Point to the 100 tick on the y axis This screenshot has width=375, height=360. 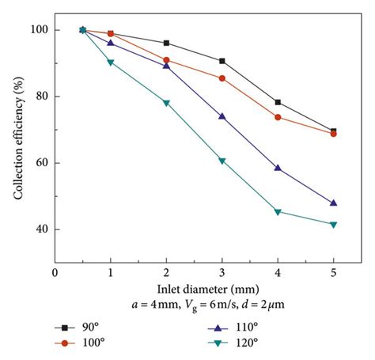pyautogui.click(x=40, y=30)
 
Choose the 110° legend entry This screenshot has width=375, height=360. pyautogui.click(x=238, y=328)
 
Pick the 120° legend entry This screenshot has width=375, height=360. pyautogui.click(x=238, y=343)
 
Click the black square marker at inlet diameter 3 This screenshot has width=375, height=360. pyautogui.click(x=222, y=61)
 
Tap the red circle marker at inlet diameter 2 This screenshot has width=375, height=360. pyautogui.click(x=166, y=60)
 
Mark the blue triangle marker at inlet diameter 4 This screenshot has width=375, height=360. pyautogui.click(x=278, y=168)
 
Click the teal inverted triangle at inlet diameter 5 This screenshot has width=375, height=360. pyautogui.click(x=333, y=225)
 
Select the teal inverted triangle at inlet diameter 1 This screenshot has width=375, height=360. pyautogui.click(x=110, y=63)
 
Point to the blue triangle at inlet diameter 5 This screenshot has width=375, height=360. pyautogui.click(x=333, y=203)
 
